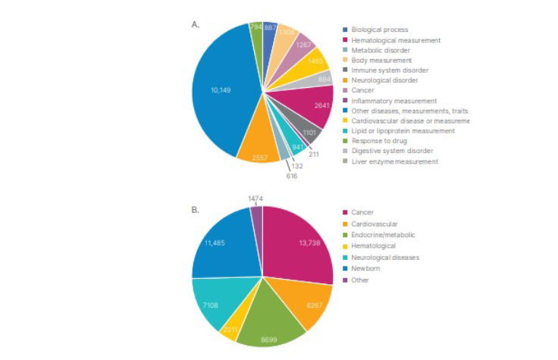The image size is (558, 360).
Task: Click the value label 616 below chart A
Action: pos(292,176)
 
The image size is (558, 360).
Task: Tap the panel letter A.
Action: pos(195,25)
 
